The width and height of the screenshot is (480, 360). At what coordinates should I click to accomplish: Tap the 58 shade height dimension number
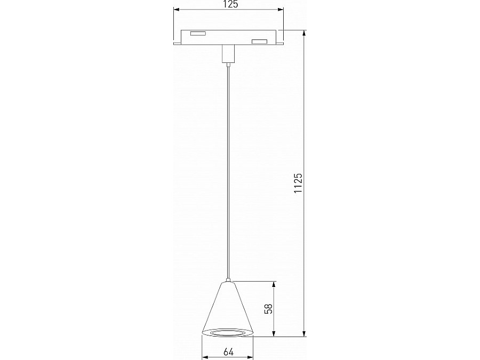[269, 309]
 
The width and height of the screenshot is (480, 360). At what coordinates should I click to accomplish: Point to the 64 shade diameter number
[228, 351]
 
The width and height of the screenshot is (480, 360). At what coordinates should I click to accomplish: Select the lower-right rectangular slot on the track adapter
[259, 42]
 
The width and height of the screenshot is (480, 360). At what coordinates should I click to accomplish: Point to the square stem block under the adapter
[228, 53]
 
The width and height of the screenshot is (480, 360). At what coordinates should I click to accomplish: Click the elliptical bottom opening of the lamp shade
[228, 333]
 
